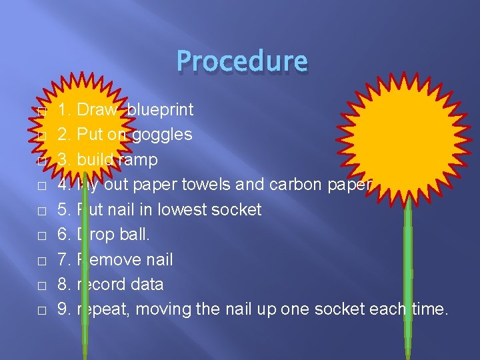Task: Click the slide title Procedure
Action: pyautogui.click(x=242, y=61)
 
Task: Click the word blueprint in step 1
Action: pyautogui.click(x=160, y=109)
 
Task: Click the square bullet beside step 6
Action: pyautogui.click(x=41, y=235)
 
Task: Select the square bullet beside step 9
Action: pyautogui.click(x=41, y=311)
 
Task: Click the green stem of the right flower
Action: pyautogui.click(x=408, y=267)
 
